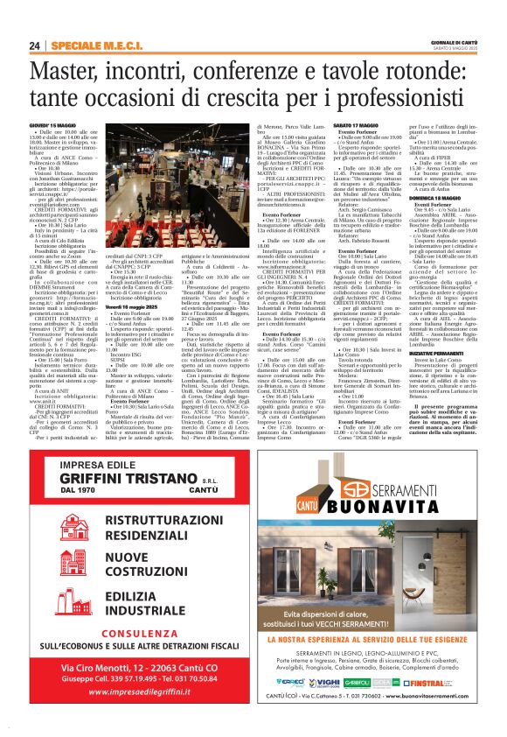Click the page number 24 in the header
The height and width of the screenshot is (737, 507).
(x=34, y=46)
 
